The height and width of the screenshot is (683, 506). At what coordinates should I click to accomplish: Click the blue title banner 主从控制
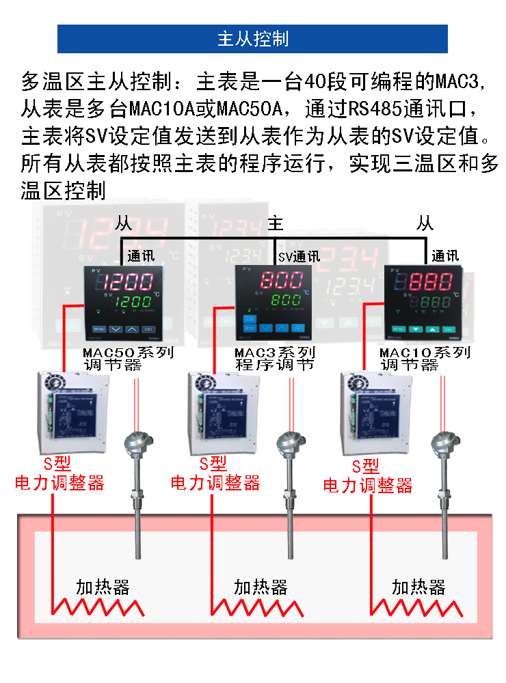coord(252,39)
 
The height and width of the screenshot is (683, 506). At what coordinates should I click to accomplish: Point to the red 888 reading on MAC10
coord(431,281)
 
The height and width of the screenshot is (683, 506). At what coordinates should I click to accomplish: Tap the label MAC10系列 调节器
coord(425,359)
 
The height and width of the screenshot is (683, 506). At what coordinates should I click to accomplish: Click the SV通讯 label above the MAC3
coord(299,257)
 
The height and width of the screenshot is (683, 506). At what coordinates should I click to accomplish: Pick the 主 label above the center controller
coord(275,223)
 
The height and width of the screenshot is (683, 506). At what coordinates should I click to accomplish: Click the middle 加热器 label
coord(261,587)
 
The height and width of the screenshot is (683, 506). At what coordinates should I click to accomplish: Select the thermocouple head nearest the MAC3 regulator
coord(284,444)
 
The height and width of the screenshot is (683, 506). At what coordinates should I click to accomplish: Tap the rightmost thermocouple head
coord(440,444)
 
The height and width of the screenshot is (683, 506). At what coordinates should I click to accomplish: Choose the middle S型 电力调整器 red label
coord(215,474)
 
